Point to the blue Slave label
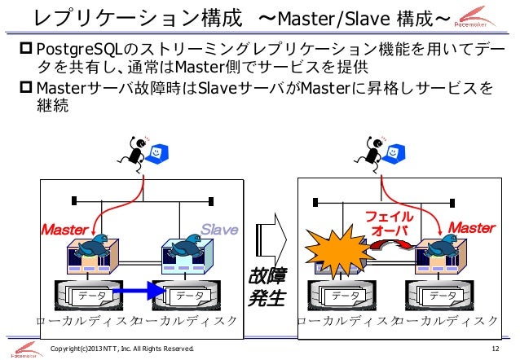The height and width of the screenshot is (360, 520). coord(218,230)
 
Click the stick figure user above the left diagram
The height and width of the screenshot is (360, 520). coord(131,151)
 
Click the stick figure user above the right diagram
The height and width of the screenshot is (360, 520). coord(369,151)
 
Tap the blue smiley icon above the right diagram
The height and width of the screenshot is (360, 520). coord(395,151)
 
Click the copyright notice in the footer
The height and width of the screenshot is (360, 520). coord(122,350)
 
